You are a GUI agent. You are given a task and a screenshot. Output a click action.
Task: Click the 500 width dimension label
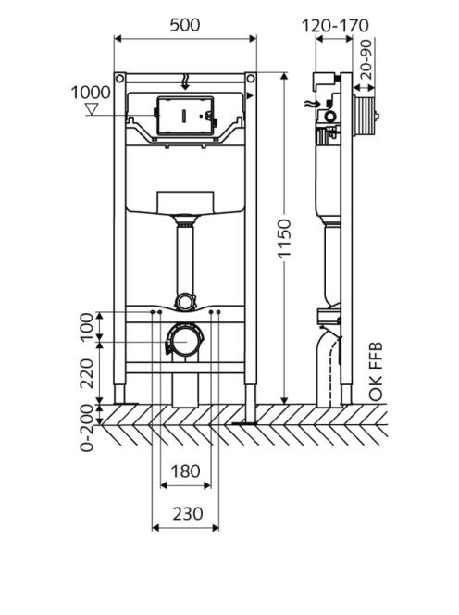(x=185, y=25)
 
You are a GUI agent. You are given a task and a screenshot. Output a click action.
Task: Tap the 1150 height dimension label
(x=284, y=238)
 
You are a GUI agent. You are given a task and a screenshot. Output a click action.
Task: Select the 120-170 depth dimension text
(x=335, y=26)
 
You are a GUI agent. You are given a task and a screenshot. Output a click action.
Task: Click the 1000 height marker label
(x=91, y=93)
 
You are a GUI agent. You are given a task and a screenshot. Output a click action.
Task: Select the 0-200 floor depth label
(x=87, y=428)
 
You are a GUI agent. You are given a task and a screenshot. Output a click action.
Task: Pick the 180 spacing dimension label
(x=185, y=471)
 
